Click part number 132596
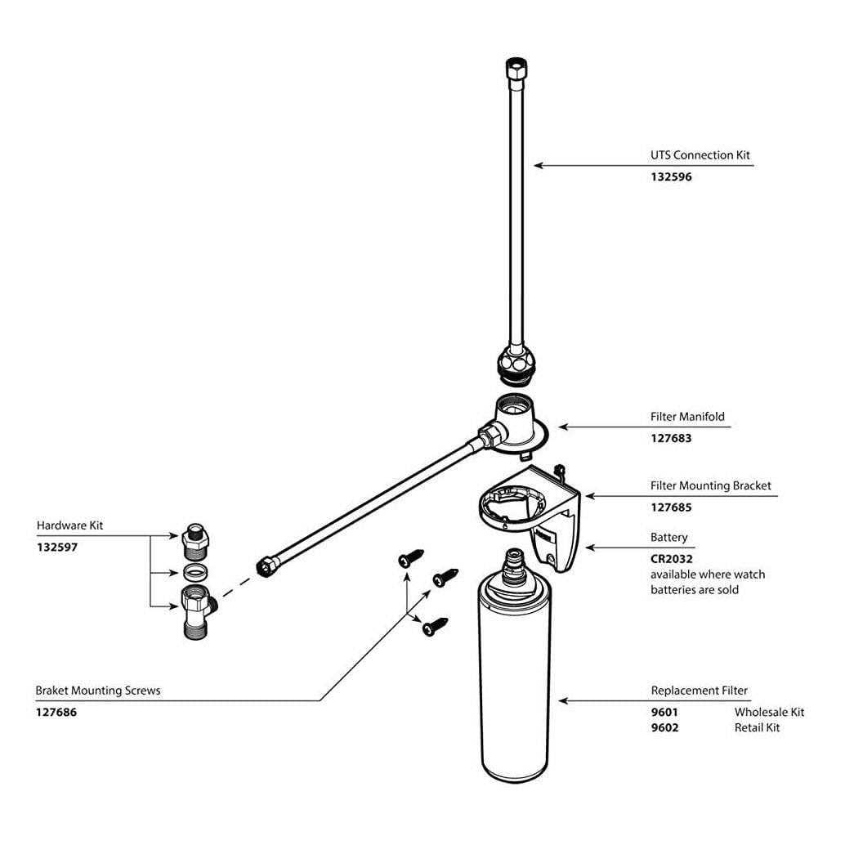(x=671, y=176)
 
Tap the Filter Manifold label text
(x=687, y=416)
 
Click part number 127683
(x=671, y=437)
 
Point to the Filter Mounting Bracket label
(x=710, y=485)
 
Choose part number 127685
(x=671, y=507)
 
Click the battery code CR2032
(x=671, y=559)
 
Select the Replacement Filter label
(x=699, y=691)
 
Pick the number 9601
(x=664, y=712)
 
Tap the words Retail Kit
(x=757, y=727)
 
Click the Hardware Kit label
(x=70, y=525)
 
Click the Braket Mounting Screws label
(x=98, y=691)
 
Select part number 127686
(x=56, y=712)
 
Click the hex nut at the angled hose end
(x=266, y=566)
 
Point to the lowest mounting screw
(x=432, y=627)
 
